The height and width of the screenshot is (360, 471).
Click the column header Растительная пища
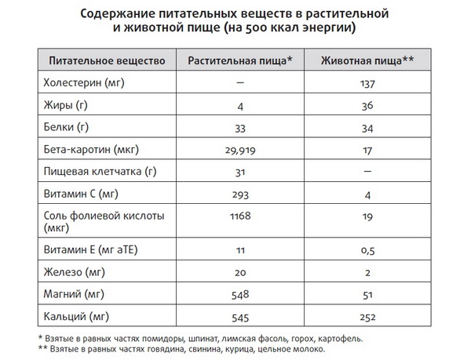tap(239, 60)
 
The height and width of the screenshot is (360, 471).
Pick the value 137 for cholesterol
tap(366, 82)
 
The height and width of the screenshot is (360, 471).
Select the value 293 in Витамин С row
tap(242, 193)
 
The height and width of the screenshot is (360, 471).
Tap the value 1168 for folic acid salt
tap(242, 216)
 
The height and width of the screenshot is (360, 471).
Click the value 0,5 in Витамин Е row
tap(366, 250)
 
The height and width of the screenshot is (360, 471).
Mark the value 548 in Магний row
tap(242, 294)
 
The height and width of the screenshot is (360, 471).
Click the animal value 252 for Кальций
tap(366, 317)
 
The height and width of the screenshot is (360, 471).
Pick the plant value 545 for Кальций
tap(242, 317)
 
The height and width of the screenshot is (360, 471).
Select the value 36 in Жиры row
tap(366, 104)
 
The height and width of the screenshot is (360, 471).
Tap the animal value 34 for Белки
tap(366, 126)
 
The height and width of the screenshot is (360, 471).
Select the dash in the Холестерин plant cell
tap(242, 82)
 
